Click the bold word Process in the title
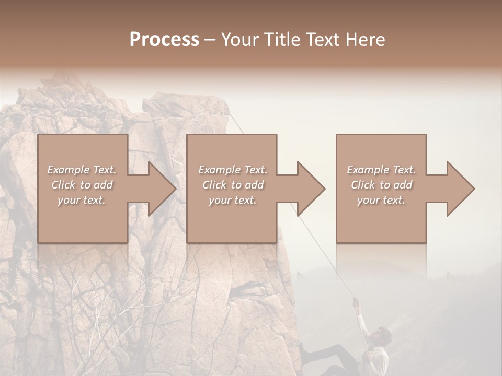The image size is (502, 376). [x=164, y=40]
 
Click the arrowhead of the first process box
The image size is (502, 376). [x=162, y=189]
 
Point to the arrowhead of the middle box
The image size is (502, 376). [x=311, y=189]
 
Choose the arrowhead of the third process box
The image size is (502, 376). [x=460, y=189]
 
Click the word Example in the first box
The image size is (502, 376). [x=68, y=170]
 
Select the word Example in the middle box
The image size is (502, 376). [x=219, y=170]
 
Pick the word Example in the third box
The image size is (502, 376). [x=368, y=170]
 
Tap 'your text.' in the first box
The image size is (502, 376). [x=82, y=200]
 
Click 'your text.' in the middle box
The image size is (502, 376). [x=232, y=200]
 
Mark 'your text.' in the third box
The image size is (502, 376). [x=381, y=200]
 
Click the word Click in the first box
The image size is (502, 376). [x=64, y=185]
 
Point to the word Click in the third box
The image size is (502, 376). [x=363, y=185]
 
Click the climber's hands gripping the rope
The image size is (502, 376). [x=356, y=301]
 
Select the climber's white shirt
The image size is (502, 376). [x=378, y=358]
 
